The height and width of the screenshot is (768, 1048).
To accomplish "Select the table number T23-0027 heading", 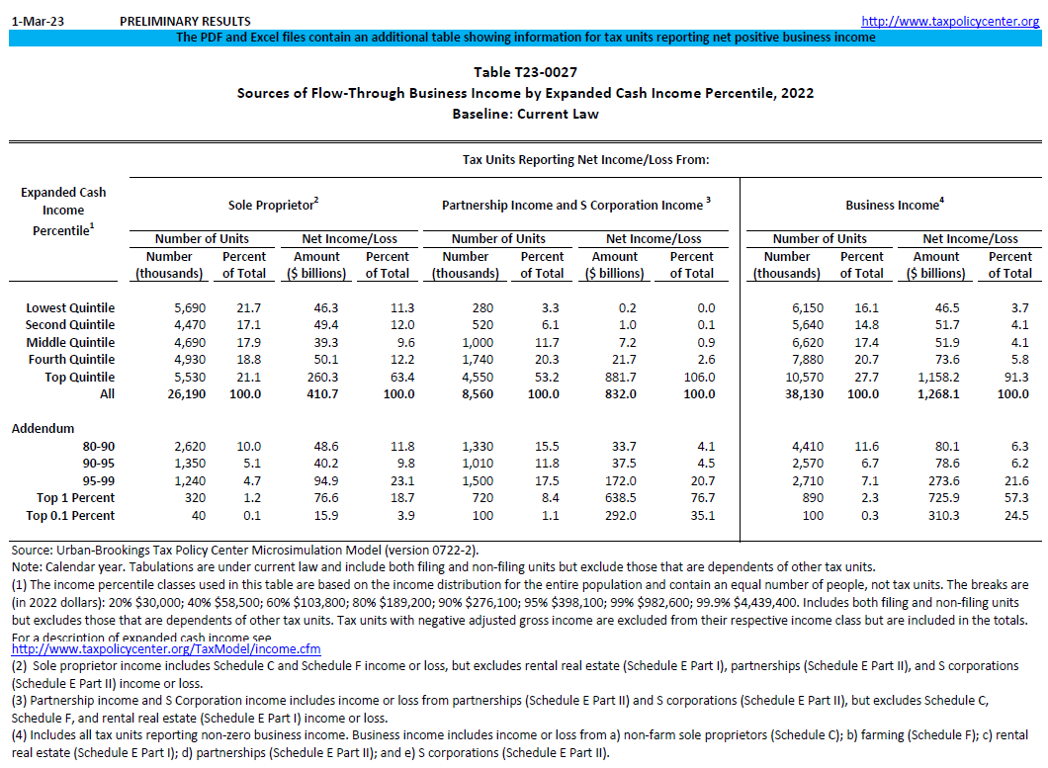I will [525, 72].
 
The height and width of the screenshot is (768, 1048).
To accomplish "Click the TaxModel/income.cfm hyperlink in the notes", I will [165, 649].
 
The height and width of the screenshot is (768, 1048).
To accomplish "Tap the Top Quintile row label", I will [79, 377].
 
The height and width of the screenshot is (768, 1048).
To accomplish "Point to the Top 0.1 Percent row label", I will [70, 515].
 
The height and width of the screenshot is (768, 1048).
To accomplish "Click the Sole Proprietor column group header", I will [273, 205].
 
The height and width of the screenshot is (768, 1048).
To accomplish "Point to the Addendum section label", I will [43, 429].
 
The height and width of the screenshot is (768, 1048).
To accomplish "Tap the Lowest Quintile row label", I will [70, 307].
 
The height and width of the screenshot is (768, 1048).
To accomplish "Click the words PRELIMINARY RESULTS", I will [185, 21].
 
